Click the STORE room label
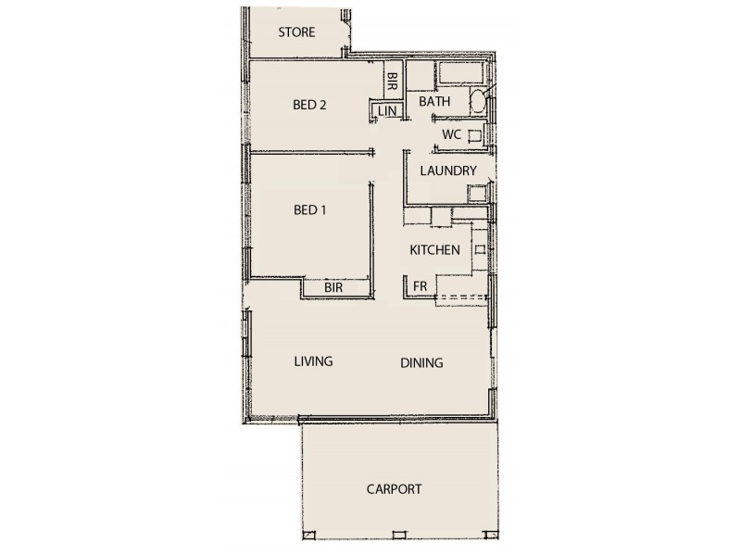(296, 32)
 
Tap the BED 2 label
(309, 105)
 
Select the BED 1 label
(310, 210)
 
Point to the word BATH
(434, 101)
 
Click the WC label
(451, 134)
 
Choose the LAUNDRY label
(448, 171)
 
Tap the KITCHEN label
(435, 250)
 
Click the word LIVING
(313, 361)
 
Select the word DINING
(421, 363)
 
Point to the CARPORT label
(394, 489)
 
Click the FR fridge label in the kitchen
(420, 287)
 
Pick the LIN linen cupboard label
(387, 112)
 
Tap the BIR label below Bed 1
(334, 289)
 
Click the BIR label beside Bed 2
(393, 81)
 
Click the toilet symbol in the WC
(473, 136)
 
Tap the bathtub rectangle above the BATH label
(463, 75)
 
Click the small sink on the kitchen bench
(479, 249)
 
